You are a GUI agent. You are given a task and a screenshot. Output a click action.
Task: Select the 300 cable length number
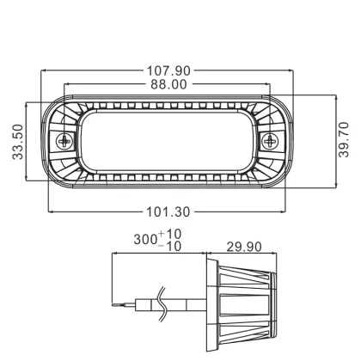tap(146, 239)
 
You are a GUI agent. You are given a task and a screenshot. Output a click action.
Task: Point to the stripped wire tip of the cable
tap(119, 305)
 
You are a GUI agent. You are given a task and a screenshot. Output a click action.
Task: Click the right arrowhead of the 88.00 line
tap(269, 91)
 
